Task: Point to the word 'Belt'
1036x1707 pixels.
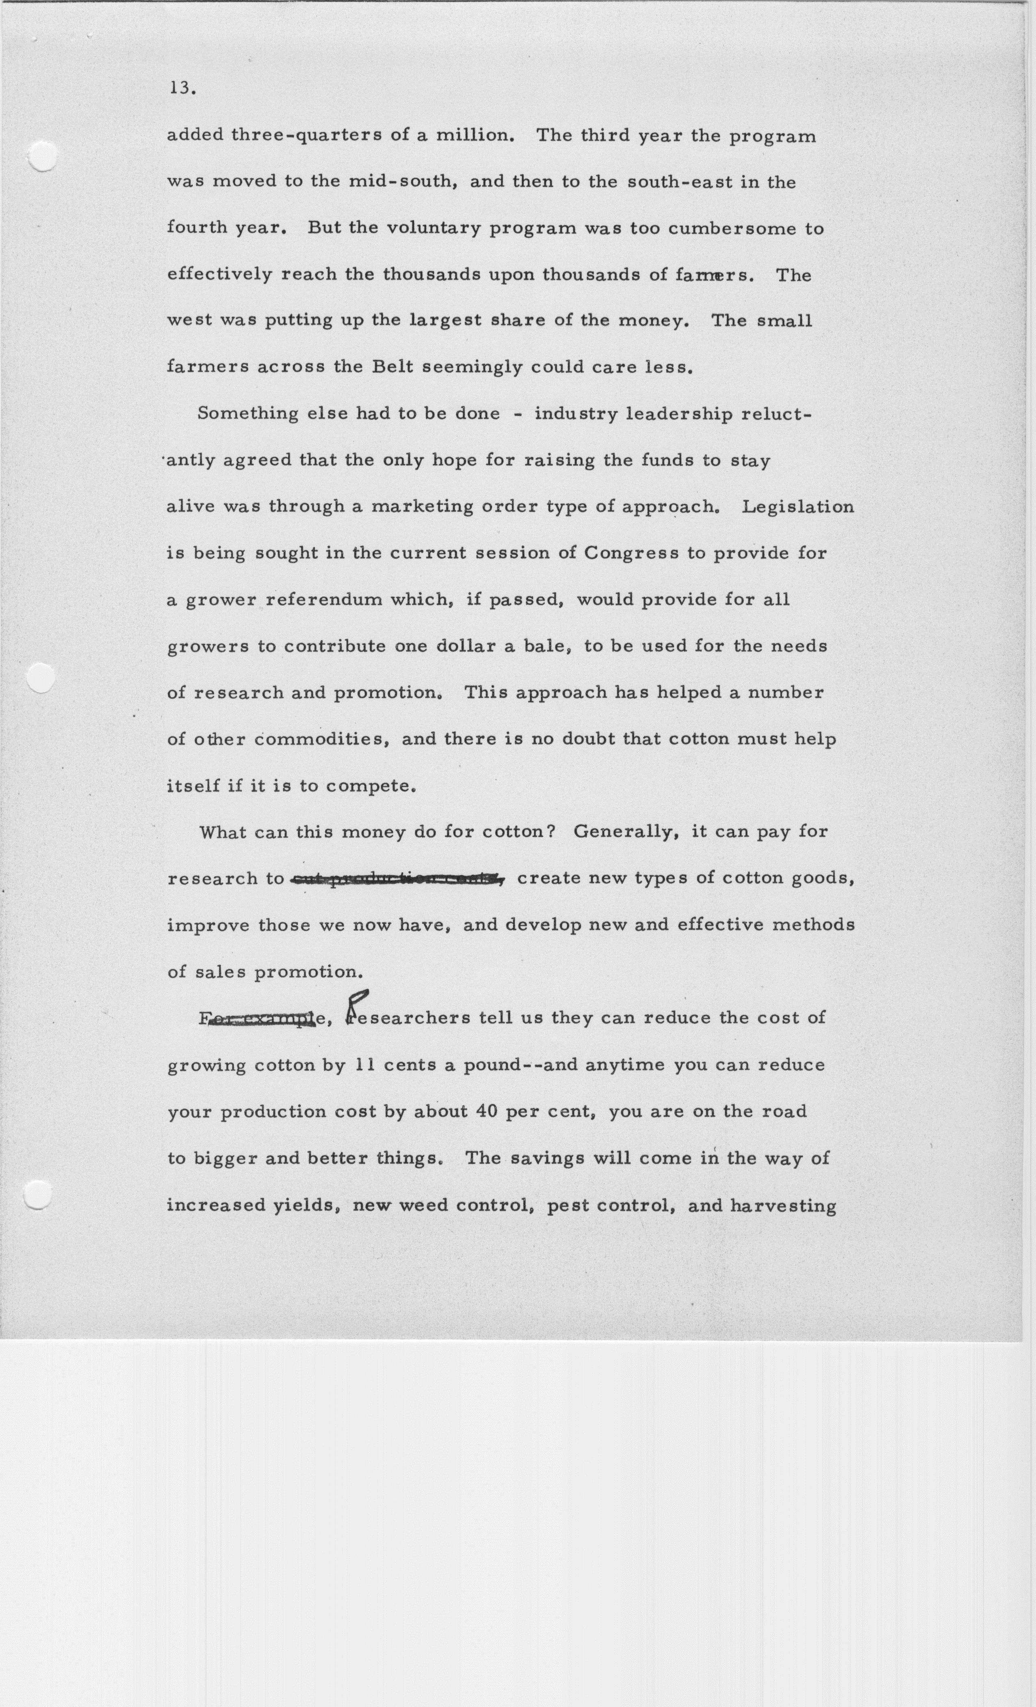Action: pyautogui.click(x=392, y=367)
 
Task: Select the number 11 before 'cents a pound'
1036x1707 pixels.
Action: pyautogui.click(x=364, y=1066)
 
